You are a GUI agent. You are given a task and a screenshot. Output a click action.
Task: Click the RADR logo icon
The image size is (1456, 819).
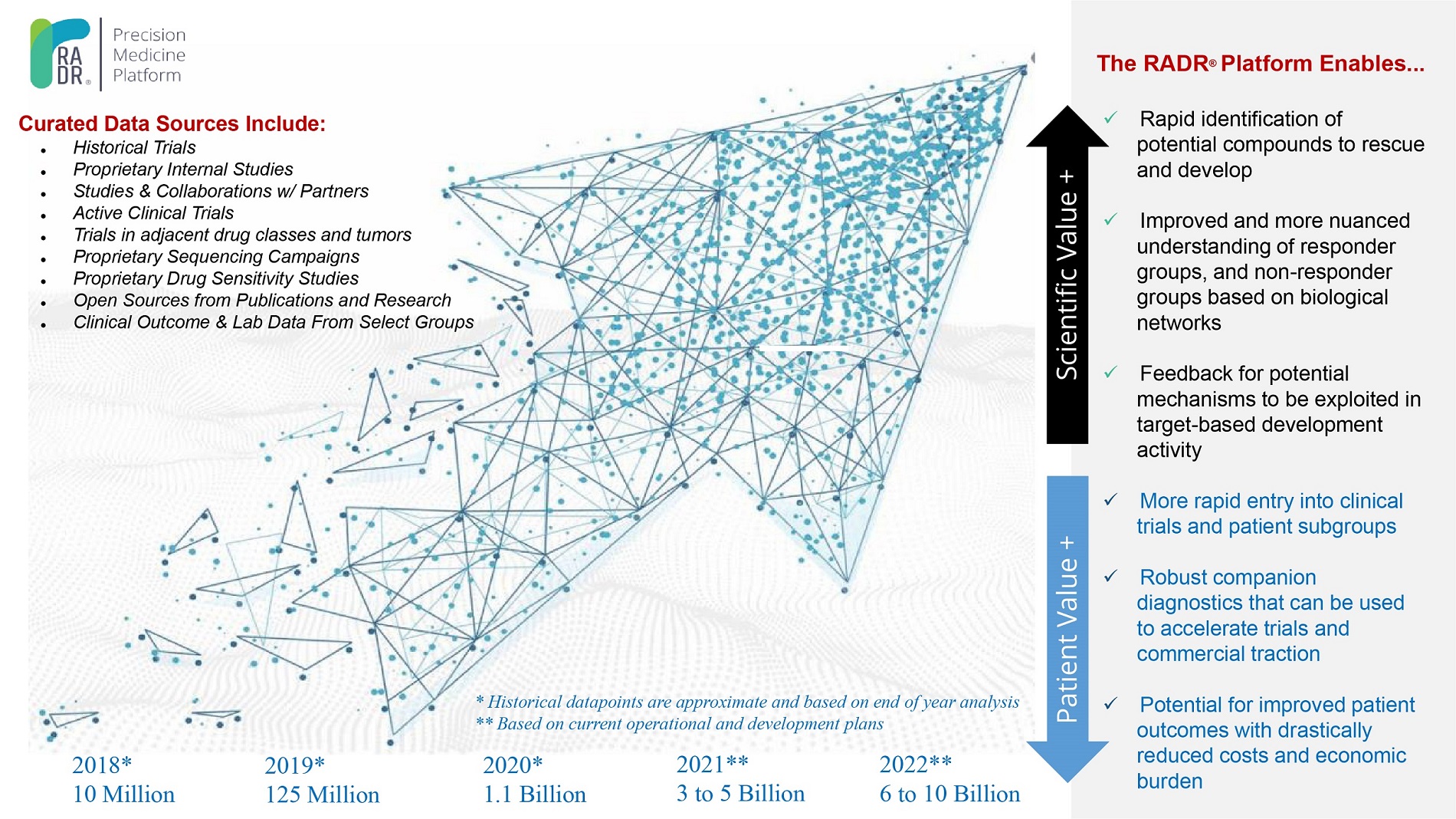click(60, 54)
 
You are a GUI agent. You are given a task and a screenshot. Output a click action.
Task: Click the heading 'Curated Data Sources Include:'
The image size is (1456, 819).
click(172, 123)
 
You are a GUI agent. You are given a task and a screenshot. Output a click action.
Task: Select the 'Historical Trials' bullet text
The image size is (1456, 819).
click(134, 147)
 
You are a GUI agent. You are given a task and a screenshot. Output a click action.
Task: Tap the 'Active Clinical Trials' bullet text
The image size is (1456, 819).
click(153, 213)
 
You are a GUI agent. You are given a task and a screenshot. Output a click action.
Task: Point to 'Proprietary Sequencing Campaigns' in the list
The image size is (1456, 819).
click(216, 257)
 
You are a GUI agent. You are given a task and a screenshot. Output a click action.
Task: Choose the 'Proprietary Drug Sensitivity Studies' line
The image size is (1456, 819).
click(215, 278)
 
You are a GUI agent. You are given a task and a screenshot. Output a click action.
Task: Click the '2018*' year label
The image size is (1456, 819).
click(102, 765)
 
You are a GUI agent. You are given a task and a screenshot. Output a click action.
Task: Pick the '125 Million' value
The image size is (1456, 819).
click(322, 794)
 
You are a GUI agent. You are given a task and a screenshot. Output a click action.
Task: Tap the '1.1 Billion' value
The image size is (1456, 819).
click(534, 794)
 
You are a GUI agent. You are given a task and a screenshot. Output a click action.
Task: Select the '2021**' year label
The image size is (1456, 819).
click(712, 764)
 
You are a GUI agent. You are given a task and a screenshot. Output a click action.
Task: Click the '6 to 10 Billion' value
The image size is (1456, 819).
click(949, 794)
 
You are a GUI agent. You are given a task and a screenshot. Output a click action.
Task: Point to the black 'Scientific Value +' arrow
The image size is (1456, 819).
click(1067, 276)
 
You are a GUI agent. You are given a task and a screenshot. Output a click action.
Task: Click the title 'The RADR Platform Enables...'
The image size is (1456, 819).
click(1260, 64)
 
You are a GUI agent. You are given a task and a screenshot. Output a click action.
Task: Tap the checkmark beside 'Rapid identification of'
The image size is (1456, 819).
click(1110, 118)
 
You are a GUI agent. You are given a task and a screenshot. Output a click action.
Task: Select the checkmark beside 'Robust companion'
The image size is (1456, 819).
click(1110, 576)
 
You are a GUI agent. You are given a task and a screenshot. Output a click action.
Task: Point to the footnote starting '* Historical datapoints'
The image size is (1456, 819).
click(747, 702)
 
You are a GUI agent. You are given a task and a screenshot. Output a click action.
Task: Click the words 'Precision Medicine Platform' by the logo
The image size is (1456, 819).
click(149, 55)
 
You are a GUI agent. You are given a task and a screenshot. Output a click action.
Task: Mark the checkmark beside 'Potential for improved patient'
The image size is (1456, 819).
click(1110, 703)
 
